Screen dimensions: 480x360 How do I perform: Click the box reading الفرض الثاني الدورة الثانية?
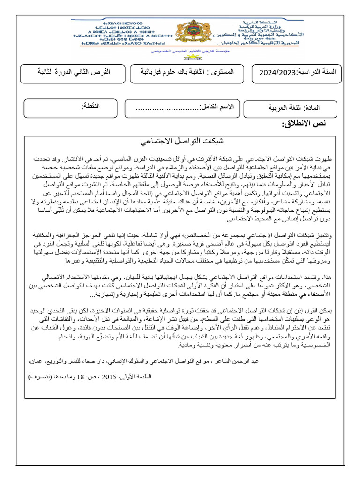pos(72,72)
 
